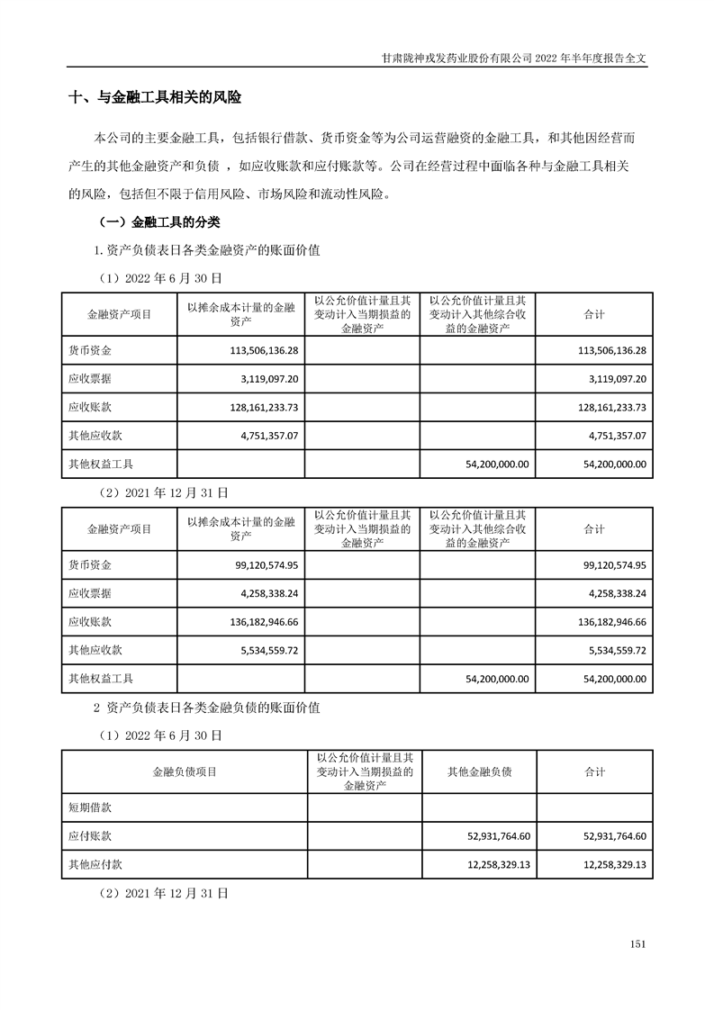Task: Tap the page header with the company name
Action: tap(514, 57)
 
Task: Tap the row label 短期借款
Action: tap(90, 807)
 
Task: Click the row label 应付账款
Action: tap(90, 836)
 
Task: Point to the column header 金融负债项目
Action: tap(184, 771)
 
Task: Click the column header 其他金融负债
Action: tap(479, 771)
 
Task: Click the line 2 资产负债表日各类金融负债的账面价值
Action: tap(208, 709)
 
